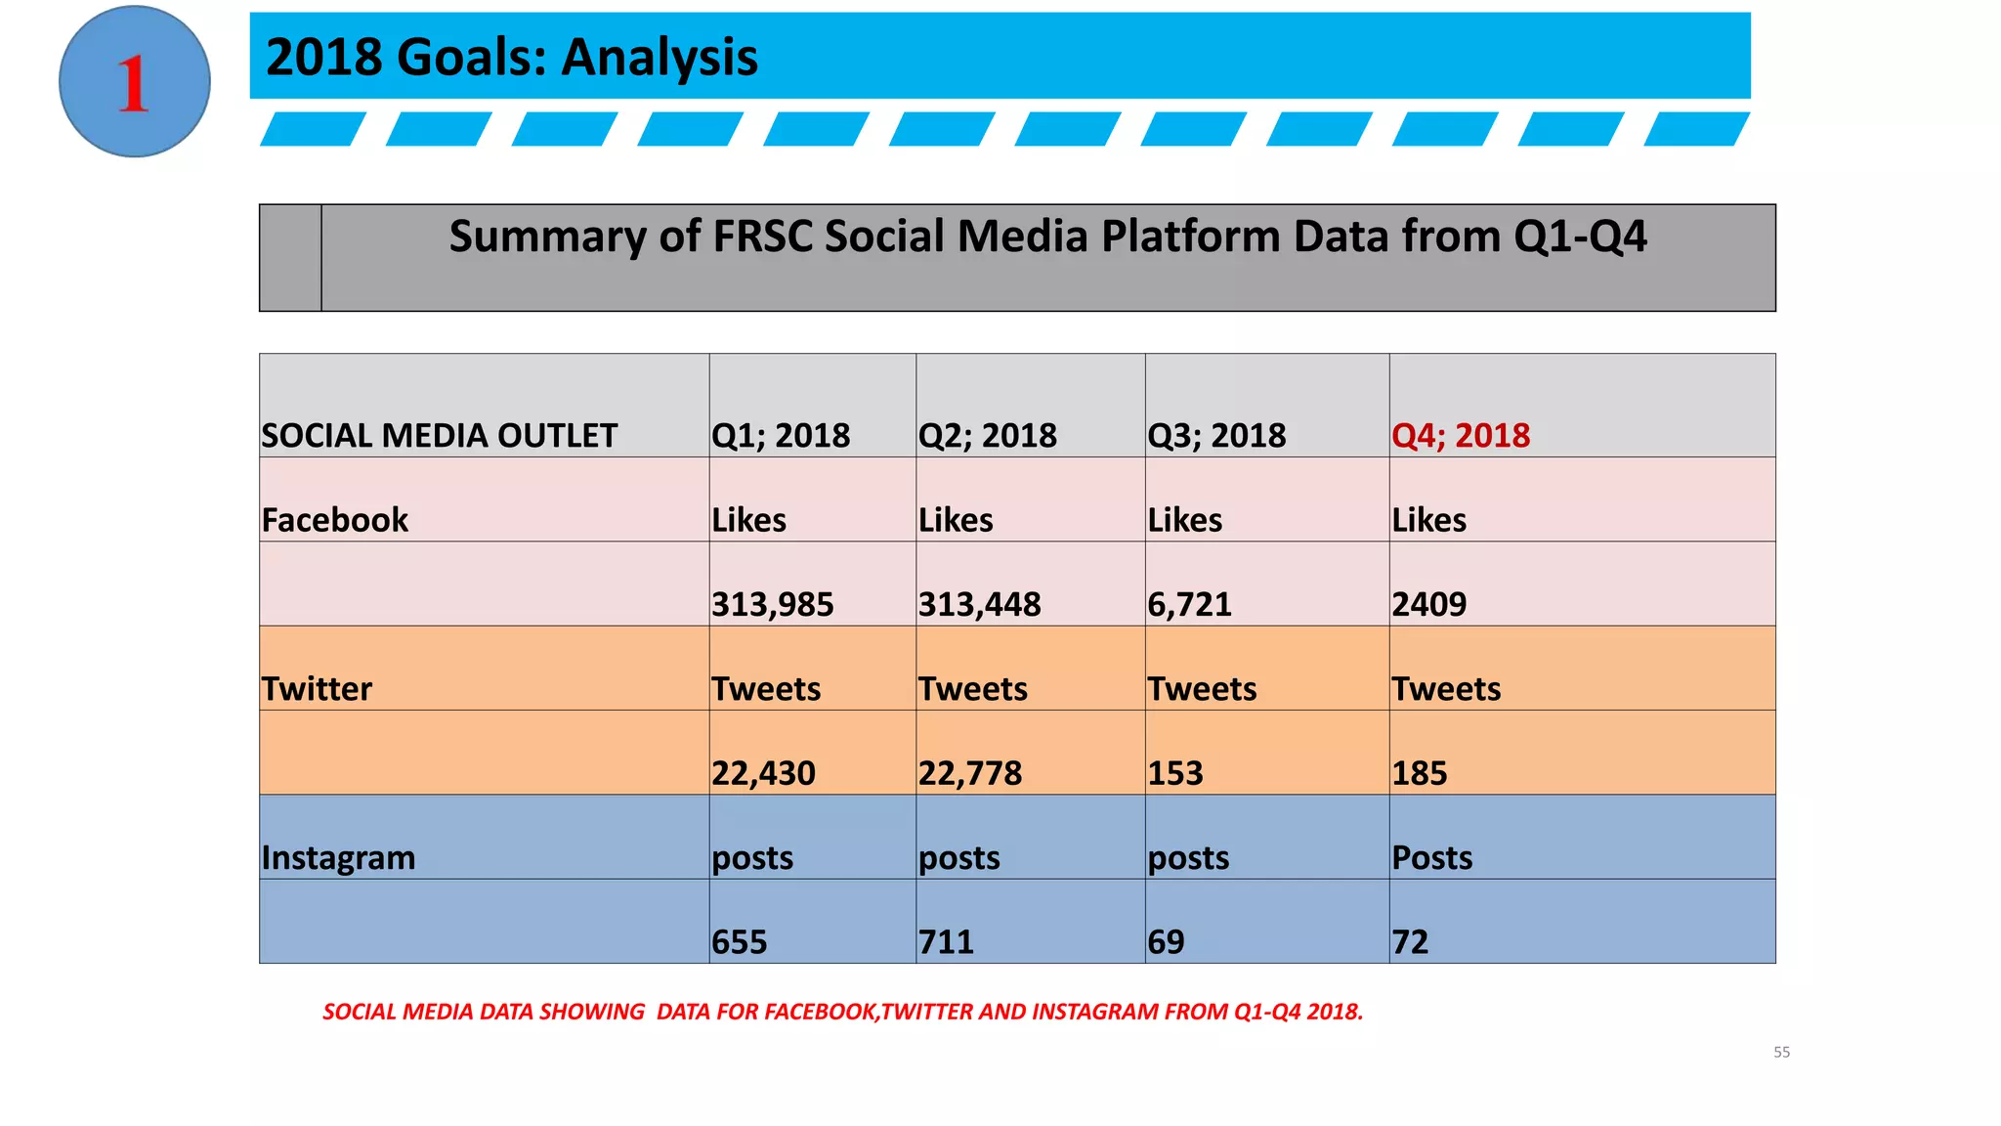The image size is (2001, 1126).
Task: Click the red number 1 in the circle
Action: [x=133, y=84]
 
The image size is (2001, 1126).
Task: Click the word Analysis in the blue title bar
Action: [x=660, y=57]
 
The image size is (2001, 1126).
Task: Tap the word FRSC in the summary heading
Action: [x=763, y=237]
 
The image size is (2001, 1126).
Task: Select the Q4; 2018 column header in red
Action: [x=1461, y=435]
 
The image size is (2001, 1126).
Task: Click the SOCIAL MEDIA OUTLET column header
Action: [x=440, y=435]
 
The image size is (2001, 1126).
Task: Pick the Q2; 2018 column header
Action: [x=987, y=435]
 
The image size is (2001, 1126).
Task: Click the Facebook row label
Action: [x=334, y=520]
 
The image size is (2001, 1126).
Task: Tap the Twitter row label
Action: [x=317, y=689]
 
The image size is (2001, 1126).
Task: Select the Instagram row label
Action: [x=338, y=858]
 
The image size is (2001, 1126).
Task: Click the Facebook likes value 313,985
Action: [x=772, y=604]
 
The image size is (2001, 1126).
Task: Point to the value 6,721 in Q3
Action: [x=1189, y=604]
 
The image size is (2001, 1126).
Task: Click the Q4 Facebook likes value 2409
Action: [x=1428, y=604]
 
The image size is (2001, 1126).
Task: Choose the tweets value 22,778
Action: [x=969, y=773]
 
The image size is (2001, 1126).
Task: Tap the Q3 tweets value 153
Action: [x=1175, y=773]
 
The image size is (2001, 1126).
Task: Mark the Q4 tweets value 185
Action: [x=1419, y=773]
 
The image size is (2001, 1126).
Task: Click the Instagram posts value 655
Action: [x=739, y=942]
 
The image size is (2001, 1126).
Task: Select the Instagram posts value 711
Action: [x=946, y=942]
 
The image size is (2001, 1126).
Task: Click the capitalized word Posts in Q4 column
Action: [x=1431, y=858]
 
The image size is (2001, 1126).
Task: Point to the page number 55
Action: [x=1781, y=1053]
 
